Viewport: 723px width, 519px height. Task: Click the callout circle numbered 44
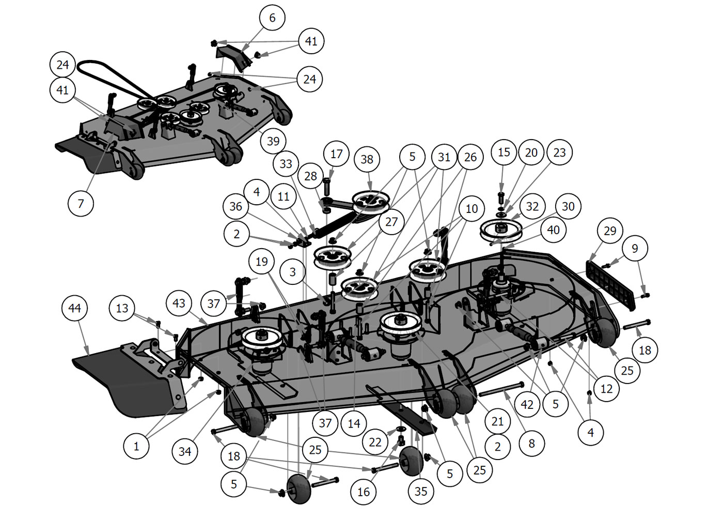[74, 309]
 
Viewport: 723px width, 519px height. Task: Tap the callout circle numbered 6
[272, 18]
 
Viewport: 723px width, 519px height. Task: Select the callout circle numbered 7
[81, 203]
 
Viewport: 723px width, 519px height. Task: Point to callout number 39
[273, 141]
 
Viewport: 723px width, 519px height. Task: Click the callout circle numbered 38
[367, 159]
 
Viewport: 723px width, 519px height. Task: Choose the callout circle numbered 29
[610, 231]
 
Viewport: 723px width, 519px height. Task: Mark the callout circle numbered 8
[531, 444]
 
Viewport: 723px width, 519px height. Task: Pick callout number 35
[421, 491]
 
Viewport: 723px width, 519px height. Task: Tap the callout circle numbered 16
[364, 492]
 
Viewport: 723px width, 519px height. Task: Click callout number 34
[184, 451]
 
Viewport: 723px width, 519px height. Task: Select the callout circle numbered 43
[179, 303]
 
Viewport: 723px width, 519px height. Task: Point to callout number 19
[262, 262]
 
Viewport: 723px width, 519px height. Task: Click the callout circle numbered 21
[497, 421]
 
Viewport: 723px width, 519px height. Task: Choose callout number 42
[527, 404]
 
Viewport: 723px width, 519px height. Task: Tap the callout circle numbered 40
[553, 230]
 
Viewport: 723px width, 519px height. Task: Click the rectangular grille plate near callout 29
[611, 284]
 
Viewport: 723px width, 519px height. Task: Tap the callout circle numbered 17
[336, 154]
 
